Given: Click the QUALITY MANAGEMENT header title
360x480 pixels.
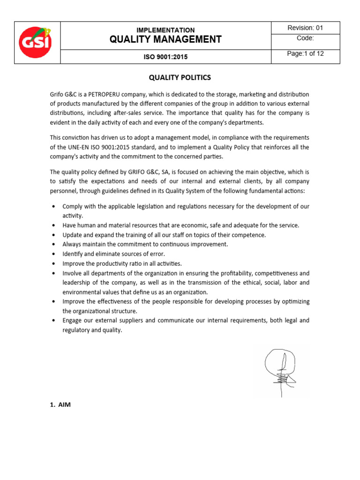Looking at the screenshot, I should point(165,39).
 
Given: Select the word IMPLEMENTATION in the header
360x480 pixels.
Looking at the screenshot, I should point(165,30).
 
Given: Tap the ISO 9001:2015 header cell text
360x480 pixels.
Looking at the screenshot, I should point(165,57).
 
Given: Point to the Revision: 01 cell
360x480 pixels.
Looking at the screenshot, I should point(306,28).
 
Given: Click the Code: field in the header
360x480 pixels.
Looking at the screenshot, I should point(306,38).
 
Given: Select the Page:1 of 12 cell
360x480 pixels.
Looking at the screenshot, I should point(306,54).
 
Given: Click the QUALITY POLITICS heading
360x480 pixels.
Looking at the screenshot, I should point(180,77).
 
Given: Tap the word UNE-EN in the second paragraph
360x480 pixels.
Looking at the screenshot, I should point(76,147).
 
